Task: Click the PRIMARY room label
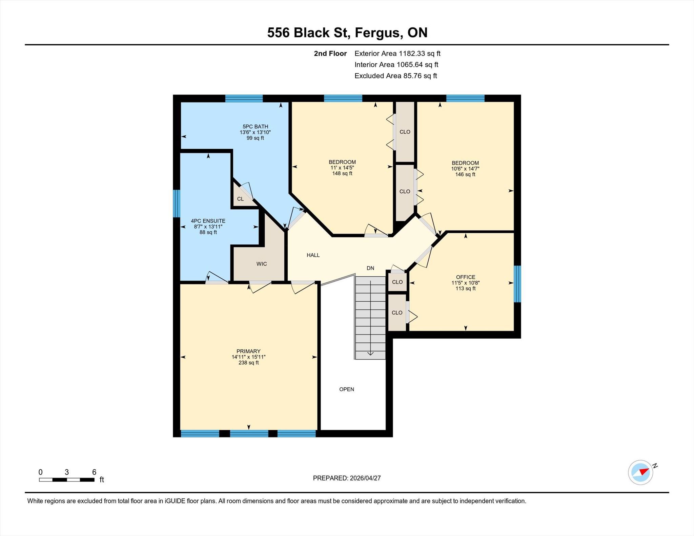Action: tap(248, 351)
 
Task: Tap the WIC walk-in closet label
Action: tap(262, 264)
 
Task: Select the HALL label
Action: tap(313, 255)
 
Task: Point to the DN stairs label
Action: tap(370, 268)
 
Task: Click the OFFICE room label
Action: tap(466, 277)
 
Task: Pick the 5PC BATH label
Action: tap(255, 126)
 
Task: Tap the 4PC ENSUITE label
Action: tap(208, 221)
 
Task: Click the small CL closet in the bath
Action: tap(240, 199)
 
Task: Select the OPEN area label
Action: tap(347, 389)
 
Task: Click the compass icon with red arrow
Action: tap(641, 472)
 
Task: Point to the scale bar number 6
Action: tap(94, 472)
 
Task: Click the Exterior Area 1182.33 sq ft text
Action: tap(397, 53)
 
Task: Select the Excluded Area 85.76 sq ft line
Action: tap(396, 76)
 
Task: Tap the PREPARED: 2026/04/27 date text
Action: tap(347, 478)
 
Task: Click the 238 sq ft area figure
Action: tap(248, 363)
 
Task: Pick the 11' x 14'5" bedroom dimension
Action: tap(342, 168)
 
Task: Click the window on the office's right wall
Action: tap(517, 284)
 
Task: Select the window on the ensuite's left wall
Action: tap(177, 203)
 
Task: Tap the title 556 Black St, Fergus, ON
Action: tap(347, 33)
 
